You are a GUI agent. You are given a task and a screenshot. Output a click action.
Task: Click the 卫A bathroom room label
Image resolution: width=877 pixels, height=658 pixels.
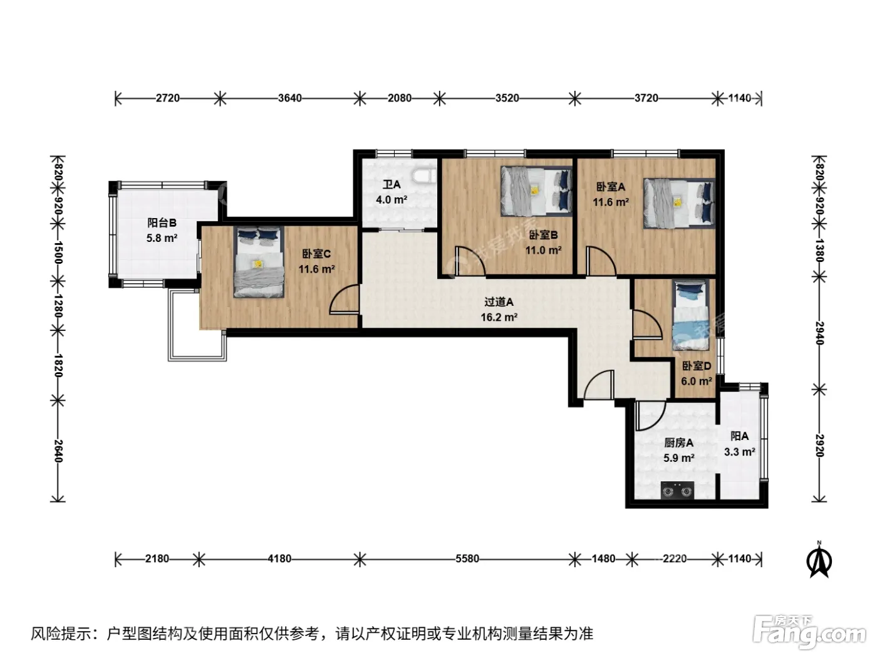(x=392, y=185)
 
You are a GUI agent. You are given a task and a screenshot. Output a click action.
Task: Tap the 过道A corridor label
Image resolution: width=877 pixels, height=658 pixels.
(x=499, y=302)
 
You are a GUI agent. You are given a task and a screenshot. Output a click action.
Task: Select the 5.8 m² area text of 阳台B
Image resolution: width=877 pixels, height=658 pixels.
(x=162, y=238)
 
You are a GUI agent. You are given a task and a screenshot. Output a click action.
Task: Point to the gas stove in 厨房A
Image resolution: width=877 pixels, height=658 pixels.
(x=677, y=490)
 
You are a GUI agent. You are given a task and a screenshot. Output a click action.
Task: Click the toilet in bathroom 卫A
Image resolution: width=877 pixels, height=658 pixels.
(x=424, y=175)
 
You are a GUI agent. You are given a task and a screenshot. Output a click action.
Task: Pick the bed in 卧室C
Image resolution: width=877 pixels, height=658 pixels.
(x=259, y=263)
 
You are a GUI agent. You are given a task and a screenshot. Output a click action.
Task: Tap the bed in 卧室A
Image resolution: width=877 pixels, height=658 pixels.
(x=679, y=203)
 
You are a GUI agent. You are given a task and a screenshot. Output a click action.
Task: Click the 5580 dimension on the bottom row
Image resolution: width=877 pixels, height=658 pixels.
(x=467, y=558)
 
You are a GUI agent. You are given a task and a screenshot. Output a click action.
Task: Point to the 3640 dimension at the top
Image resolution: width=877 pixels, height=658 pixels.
(x=289, y=98)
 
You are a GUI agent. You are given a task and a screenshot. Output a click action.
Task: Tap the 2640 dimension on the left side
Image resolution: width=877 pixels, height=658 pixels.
(x=58, y=451)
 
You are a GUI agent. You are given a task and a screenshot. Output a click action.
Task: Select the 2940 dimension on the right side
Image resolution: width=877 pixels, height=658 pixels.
(x=819, y=333)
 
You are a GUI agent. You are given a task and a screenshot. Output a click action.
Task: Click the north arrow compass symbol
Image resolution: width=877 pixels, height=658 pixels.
(x=819, y=560)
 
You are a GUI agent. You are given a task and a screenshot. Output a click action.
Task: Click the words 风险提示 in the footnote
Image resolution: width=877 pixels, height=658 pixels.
(x=61, y=633)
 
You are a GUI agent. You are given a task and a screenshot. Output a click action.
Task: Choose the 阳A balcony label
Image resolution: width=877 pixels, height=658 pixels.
(x=740, y=436)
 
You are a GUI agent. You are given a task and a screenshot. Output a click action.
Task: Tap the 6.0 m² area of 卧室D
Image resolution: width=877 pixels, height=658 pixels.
(x=697, y=381)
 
